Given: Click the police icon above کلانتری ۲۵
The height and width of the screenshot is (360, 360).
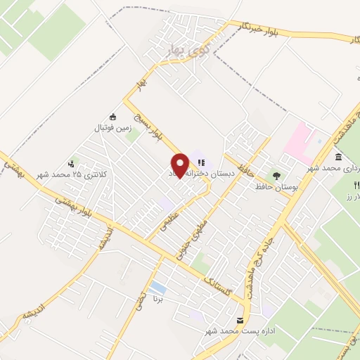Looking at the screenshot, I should click(x=70, y=162).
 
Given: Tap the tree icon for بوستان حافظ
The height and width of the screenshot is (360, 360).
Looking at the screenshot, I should click(x=276, y=176).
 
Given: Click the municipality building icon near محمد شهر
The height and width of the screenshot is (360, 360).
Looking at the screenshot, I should click(x=339, y=156).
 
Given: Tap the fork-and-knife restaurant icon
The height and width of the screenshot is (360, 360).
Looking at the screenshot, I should click(x=356, y=185).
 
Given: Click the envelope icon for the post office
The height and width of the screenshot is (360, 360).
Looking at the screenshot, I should click(x=240, y=320).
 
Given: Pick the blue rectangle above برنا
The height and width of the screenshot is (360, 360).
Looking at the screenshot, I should click(x=159, y=288).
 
